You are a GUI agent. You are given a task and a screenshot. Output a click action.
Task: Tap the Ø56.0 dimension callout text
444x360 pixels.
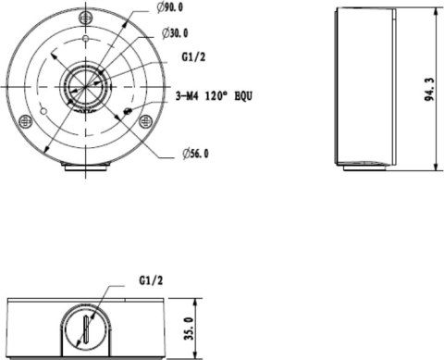click(x=194, y=154)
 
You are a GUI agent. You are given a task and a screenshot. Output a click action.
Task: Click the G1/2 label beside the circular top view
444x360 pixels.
click(x=193, y=56)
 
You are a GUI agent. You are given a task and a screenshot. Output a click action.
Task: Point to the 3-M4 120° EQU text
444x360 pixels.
click(x=216, y=94)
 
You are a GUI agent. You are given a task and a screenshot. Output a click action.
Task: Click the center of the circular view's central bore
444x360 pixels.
click(x=84, y=85)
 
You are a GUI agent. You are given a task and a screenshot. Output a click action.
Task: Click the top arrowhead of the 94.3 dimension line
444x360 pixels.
click(x=436, y=12)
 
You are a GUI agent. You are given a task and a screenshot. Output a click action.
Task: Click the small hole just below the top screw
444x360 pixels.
click(x=85, y=40)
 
